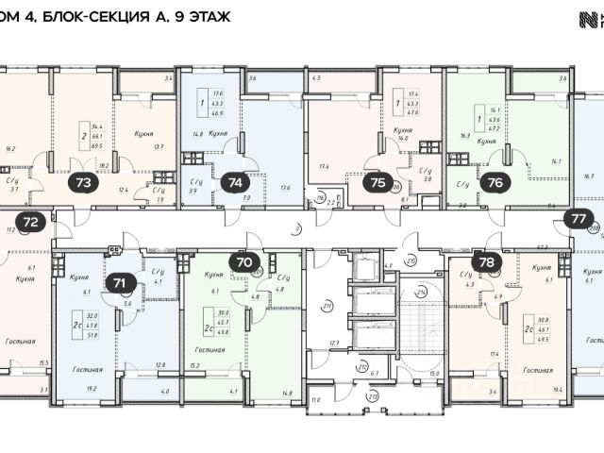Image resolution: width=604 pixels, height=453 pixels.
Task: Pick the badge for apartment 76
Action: (x=497, y=183)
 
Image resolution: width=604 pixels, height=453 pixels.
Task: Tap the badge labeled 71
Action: (x=120, y=281)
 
